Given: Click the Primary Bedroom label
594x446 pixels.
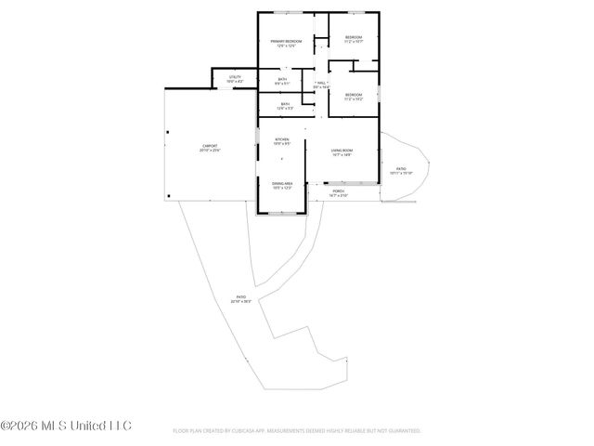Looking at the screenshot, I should coord(287,42).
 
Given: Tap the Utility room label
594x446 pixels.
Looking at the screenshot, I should coord(235,77).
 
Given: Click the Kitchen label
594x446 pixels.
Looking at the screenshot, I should coord(281,140).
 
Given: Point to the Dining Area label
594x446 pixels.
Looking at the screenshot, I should coord(282,184).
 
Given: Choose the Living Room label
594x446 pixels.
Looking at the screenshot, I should coord(342,150).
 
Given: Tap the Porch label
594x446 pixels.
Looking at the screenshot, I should coord(339,192).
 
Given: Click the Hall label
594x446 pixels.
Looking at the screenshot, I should coord(321,84).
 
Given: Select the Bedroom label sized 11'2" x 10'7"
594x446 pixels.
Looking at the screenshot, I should coord(354,37).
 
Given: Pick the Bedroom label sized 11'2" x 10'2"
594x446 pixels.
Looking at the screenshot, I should coord(354,94).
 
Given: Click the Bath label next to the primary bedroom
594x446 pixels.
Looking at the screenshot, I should coord(282,80).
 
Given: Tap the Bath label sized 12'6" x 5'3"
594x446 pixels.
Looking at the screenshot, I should coord(285,104).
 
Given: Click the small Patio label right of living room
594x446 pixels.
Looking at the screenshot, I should coord(400,168).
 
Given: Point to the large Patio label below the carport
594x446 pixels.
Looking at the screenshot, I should coord(241,298).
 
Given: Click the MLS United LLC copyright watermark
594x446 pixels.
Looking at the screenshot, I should coord(66,426).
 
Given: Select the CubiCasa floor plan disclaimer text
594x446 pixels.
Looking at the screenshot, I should coord(297,431).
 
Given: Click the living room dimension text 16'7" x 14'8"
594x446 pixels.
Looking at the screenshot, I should coord(342,154).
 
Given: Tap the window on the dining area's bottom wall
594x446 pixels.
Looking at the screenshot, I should coord(282,213).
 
